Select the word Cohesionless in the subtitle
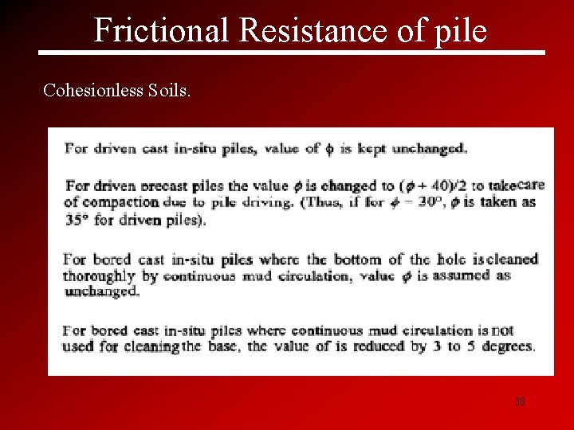[x=93, y=90]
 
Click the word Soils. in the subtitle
[x=169, y=90]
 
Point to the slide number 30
[x=520, y=402]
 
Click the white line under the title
[x=292, y=53]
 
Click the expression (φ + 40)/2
[x=431, y=186]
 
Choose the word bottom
[x=359, y=260]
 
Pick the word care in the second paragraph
[x=531, y=185]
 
